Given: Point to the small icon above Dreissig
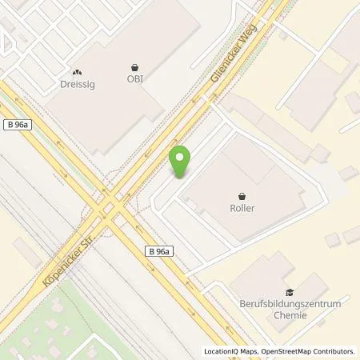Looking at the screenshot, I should pos(77,70).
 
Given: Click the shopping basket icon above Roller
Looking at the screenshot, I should pos(242,194).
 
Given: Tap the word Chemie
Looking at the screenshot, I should pos(290,317).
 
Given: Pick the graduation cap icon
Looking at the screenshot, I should pos(290,293).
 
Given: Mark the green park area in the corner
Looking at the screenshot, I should pos(32,320).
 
